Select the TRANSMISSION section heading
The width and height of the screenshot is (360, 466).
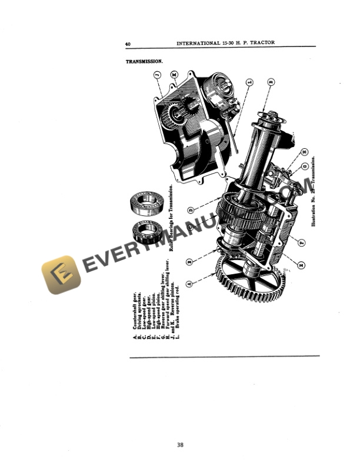pos(144,61)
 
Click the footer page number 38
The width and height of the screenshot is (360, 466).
pos(179,445)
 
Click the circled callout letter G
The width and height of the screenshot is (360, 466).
pos(305,167)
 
